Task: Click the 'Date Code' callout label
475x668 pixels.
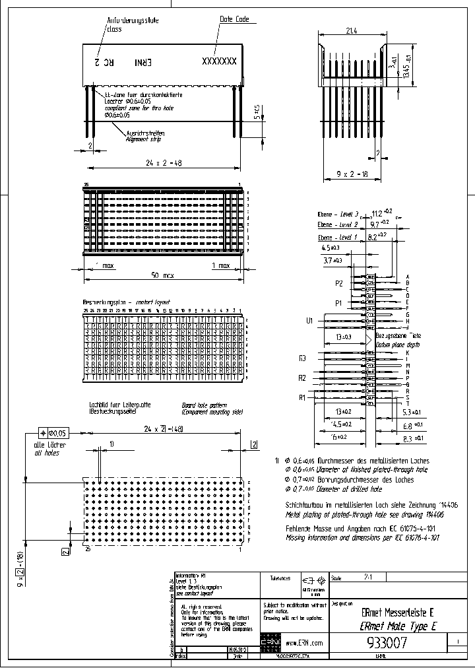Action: pos(234,20)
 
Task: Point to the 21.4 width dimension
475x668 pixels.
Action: pos(352,30)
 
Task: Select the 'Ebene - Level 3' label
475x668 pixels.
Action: pos(338,214)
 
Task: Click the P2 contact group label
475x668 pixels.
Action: pos(339,283)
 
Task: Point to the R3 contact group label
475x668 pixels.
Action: pos(303,358)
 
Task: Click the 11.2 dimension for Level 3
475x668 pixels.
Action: pos(378,213)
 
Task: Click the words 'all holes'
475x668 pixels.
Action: pos(46,453)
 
